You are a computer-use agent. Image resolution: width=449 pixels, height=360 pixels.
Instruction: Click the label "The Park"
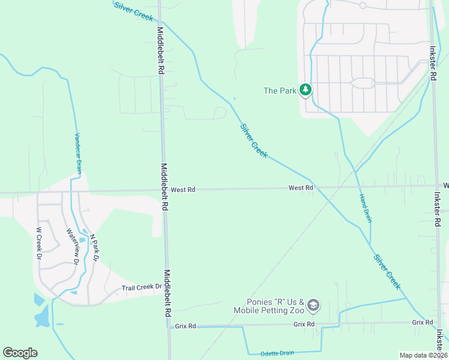280,91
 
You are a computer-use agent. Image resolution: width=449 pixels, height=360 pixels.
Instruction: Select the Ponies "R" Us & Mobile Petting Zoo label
275,306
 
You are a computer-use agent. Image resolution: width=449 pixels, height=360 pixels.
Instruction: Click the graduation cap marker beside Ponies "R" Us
313,306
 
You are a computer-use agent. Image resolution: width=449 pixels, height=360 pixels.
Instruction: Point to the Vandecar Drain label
78,154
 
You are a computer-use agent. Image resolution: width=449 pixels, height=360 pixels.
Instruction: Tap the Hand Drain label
365,208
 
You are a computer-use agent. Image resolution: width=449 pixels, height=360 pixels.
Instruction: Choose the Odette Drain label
277,353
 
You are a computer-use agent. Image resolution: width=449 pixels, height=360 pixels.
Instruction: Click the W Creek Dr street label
39,242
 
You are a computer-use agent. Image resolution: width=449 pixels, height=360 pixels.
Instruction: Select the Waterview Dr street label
73,247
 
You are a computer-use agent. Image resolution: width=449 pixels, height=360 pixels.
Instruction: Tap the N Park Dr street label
93,247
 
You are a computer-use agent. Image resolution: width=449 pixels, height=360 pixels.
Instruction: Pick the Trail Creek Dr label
142,287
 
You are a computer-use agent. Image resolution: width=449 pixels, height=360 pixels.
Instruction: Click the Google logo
20,353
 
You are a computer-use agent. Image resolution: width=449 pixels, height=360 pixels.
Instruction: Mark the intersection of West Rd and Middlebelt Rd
164,190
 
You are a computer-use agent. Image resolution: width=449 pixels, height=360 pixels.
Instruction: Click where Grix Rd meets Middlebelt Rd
168,327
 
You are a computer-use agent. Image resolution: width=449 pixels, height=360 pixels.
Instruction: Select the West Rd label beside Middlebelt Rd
183,190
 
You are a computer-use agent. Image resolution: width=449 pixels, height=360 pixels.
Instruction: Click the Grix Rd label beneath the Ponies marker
304,324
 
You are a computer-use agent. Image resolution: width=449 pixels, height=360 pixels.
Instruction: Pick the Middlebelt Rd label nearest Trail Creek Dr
167,293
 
